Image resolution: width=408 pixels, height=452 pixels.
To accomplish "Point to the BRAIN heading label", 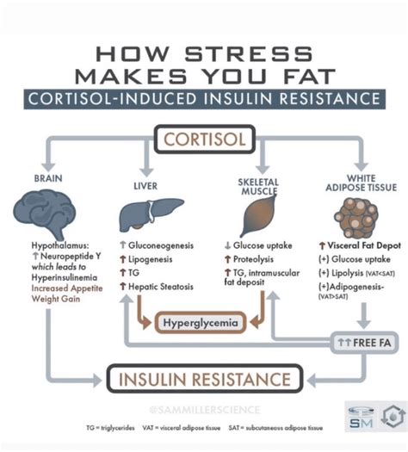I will [47, 177].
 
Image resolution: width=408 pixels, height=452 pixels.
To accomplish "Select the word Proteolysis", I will [262, 260].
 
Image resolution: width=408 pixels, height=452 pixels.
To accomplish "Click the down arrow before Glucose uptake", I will [225, 245].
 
